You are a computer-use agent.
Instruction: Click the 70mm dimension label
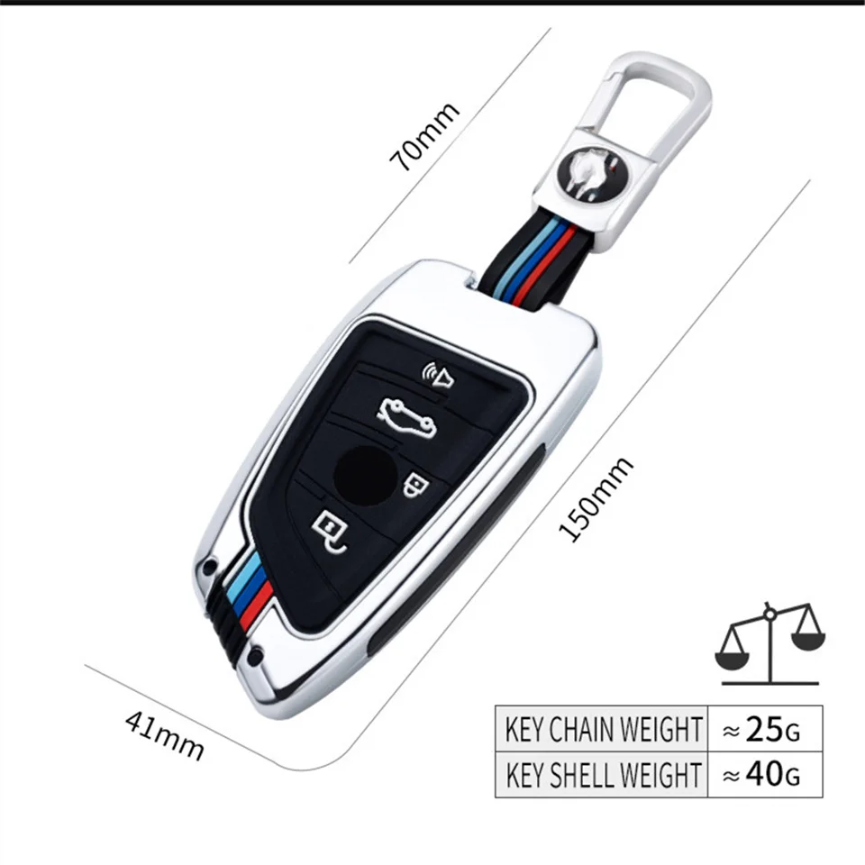(424, 137)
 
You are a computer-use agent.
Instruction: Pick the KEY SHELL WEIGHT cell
(602, 774)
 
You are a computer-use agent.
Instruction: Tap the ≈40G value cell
(760, 774)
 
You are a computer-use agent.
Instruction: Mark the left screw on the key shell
(209, 568)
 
